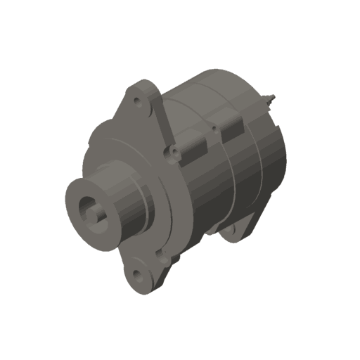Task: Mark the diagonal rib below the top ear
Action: tap(161, 120)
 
